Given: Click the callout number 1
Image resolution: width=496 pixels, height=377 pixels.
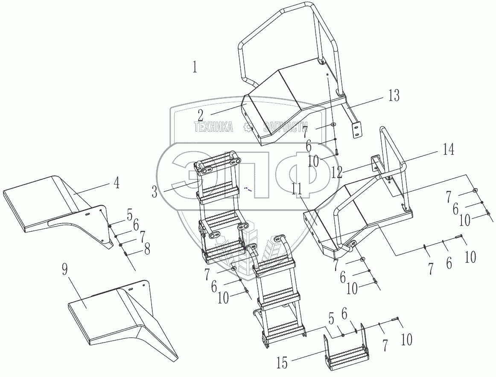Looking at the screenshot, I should tap(195, 67).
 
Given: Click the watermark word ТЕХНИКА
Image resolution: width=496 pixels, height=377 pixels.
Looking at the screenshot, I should tap(213, 127).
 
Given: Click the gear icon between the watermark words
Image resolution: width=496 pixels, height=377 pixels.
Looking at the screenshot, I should tap(247, 127).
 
